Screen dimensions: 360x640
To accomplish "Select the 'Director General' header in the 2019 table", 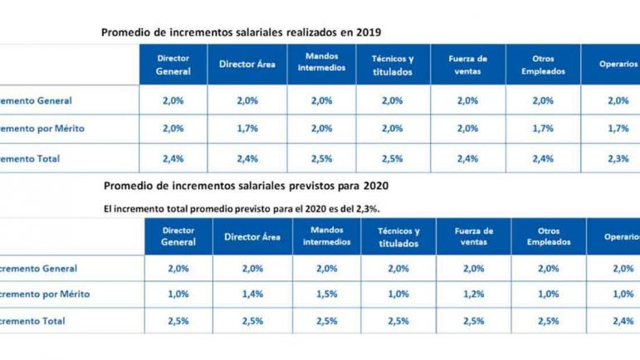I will (x=173, y=65).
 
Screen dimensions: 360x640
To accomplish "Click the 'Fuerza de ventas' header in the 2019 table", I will (x=468, y=65).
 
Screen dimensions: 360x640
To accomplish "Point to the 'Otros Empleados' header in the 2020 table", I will (x=548, y=236).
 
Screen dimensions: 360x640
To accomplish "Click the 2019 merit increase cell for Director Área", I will (x=247, y=129).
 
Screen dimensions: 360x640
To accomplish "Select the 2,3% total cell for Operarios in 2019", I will (x=618, y=158).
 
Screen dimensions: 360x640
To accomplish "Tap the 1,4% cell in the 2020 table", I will (x=253, y=294).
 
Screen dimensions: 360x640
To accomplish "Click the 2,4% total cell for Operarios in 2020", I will (x=621, y=320).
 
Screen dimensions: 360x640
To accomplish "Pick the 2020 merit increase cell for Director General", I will (x=179, y=294).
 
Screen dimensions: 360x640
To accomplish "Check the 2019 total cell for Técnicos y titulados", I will (x=393, y=158).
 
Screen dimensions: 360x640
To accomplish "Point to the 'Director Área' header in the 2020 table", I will (x=253, y=236).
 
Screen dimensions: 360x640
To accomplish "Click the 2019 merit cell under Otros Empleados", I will (x=543, y=129).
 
